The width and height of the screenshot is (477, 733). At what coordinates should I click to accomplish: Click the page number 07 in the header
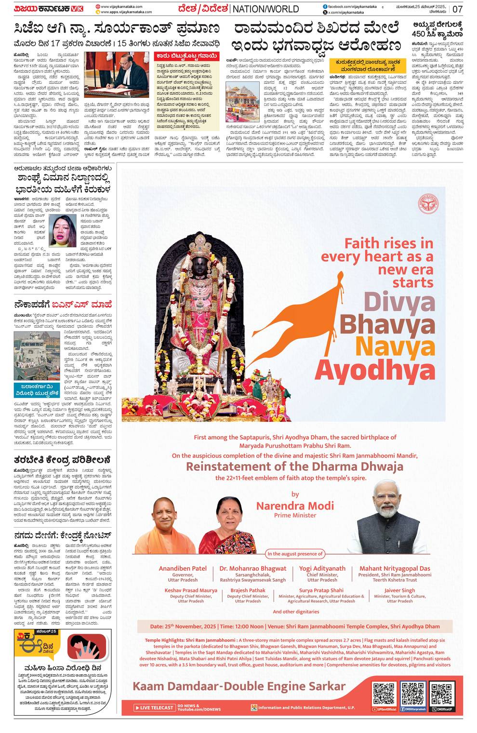pyautogui.click(x=457, y=9)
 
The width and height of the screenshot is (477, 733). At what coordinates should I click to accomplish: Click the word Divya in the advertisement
pyautogui.click(x=399, y=303)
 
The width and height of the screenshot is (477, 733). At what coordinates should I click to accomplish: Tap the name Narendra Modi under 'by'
pyautogui.click(x=295, y=506)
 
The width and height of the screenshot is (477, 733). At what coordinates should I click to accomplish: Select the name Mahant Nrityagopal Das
pyautogui.click(x=395, y=569)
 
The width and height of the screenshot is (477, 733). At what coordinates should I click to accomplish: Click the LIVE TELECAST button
pyautogui.click(x=154, y=707)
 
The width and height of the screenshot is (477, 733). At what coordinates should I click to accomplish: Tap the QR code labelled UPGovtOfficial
pyautogui.click(x=384, y=694)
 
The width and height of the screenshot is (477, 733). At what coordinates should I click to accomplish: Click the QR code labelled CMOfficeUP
pyautogui.click(x=442, y=694)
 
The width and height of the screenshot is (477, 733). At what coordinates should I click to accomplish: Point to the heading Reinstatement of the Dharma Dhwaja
pyautogui.click(x=294, y=466)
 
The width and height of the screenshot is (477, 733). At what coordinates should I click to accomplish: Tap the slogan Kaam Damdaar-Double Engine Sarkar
pyautogui.click(x=238, y=686)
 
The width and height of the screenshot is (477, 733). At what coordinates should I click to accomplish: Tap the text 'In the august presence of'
pyautogui.click(x=295, y=554)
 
